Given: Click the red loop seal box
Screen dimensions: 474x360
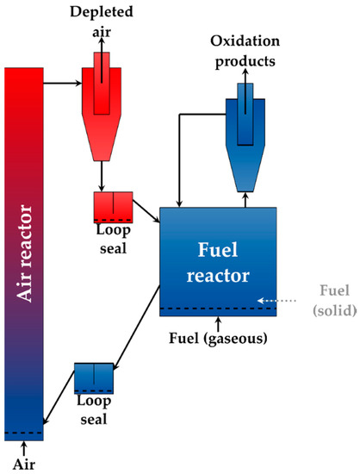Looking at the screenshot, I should point(113,208).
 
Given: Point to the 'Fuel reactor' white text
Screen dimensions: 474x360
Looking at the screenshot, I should point(217,264).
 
